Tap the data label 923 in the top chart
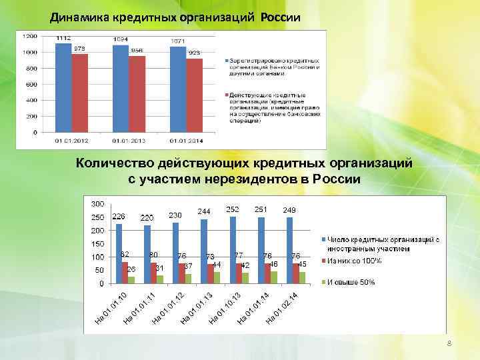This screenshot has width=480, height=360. pyautogui.click(x=195, y=53)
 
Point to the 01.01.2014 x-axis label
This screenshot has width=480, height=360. pyautogui.click(x=187, y=141)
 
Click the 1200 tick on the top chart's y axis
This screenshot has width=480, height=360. pyautogui.click(x=29, y=35)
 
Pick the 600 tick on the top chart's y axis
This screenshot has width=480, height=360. pyautogui.click(x=31, y=84)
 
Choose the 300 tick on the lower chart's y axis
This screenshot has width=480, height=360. pyautogui.click(x=98, y=203)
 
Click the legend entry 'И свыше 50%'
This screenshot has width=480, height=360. pyautogui.click(x=351, y=282)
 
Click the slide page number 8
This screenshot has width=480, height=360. pyautogui.click(x=449, y=343)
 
